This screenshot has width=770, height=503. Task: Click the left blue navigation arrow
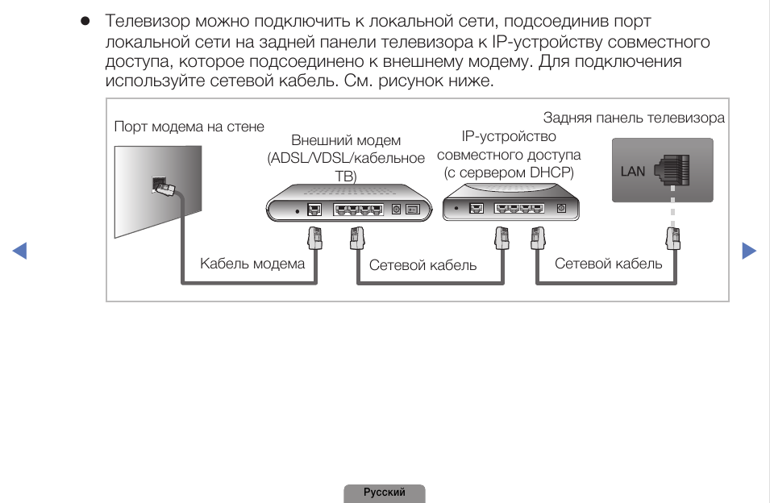click(20, 251)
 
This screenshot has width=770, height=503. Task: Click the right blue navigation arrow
click(749, 251)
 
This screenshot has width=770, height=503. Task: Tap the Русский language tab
click(385, 493)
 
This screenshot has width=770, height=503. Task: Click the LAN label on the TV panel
click(633, 171)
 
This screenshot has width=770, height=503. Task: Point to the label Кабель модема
click(252, 264)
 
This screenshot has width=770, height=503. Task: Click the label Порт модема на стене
click(189, 127)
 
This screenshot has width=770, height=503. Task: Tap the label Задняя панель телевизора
click(634, 118)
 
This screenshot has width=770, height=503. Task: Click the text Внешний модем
click(346, 141)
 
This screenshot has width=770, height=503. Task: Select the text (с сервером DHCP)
click(509, 173)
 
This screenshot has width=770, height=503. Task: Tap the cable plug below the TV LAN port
click(672, 239)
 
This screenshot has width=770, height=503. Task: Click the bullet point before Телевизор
click(84, 21)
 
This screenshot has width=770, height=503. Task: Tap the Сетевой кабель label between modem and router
click(422, 264)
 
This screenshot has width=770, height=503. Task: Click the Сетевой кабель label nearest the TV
click(608, 264)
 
